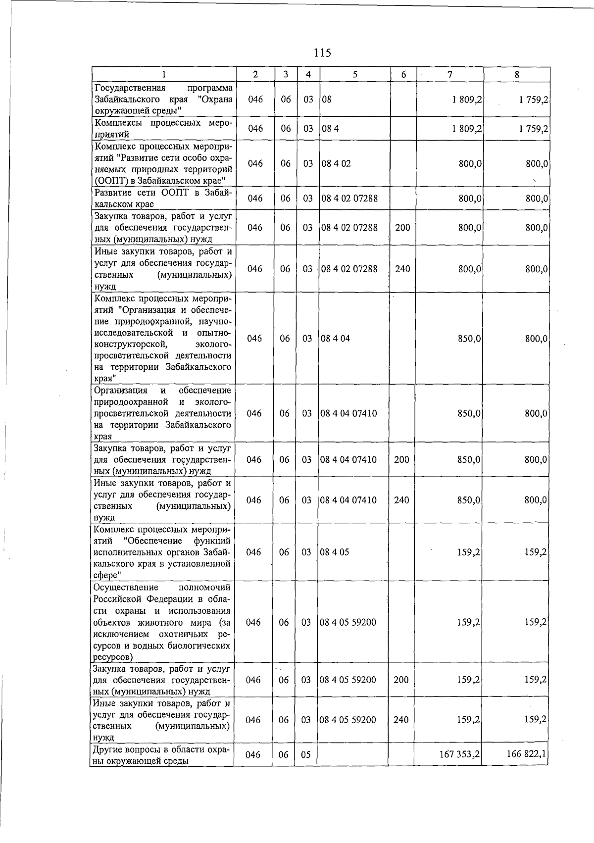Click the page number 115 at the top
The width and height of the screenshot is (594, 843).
[322, 52]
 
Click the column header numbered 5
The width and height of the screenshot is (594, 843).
[355, 75]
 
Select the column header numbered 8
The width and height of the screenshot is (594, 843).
[517, 75]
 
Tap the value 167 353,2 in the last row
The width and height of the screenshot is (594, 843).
[459, 754]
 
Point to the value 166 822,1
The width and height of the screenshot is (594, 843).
[527, 754]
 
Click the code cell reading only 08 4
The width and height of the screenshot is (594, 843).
[330, 129]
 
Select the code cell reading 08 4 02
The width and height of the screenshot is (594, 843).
[336, 163]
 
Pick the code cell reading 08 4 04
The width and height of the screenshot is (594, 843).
[335, 339]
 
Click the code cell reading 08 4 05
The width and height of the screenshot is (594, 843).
[335, 552]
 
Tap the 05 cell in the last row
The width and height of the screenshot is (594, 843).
[306, 755]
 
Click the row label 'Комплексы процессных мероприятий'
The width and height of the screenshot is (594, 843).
[163, 128]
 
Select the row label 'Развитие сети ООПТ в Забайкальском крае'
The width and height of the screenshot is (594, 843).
[163, 198]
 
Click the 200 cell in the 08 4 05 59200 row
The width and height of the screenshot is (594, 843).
[401, 680]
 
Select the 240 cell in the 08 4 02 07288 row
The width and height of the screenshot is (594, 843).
[402, 269]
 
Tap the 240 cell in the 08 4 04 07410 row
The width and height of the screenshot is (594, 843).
[401, 500]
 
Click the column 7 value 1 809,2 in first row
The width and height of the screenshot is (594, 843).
[467, 99]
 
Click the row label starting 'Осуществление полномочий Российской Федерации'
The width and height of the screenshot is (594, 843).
[162, 622]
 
